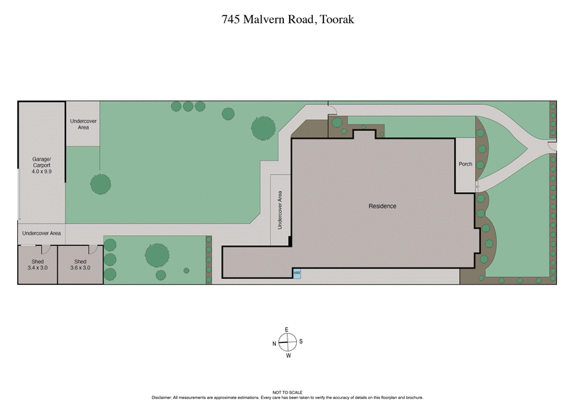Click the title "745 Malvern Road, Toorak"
(287, 19)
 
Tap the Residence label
(382, 206)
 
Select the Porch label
(466, 165)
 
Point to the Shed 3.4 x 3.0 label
(37, 265)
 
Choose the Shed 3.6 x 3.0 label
(80, 265)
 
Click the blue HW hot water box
(296, 273)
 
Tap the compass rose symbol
(287, 342)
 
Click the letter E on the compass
(287, 329)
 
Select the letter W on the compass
(287, 355)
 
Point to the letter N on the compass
(274, 343)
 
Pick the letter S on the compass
(301, 342)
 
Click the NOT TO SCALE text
(287, 393)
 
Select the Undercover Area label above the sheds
(42, 234)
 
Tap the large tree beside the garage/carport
(101, 184)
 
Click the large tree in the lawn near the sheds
(157, 255)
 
